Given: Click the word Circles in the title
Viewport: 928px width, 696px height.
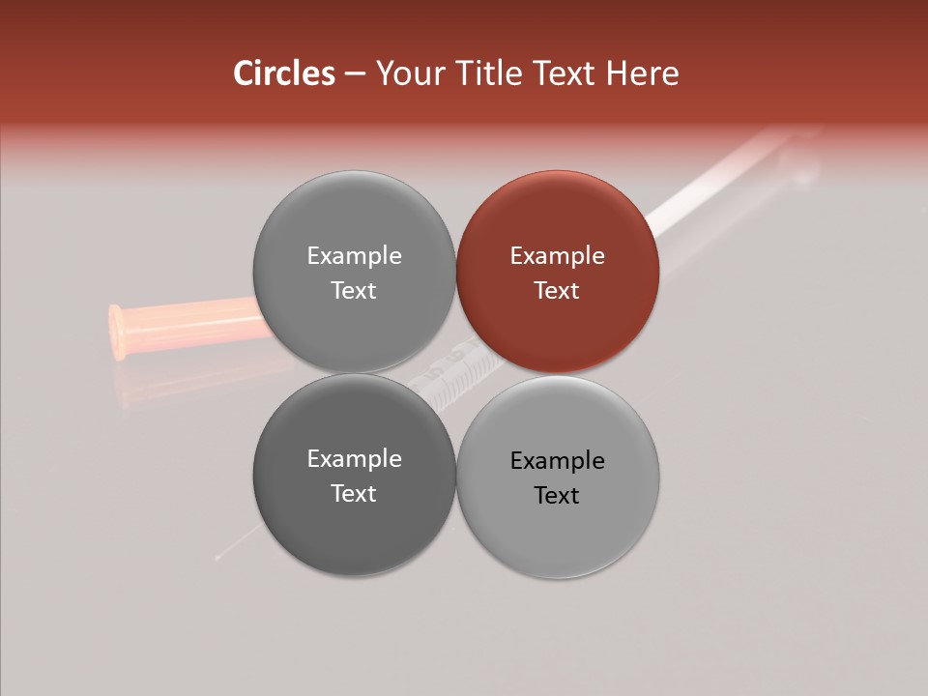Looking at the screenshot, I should point(284,73).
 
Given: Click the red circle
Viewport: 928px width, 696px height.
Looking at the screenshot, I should point(558,272).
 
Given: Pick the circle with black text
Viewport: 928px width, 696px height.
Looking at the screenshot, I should point(558,476).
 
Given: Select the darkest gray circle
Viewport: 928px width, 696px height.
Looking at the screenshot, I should point(354,475).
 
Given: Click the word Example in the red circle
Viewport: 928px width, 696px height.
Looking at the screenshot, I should point(557,256).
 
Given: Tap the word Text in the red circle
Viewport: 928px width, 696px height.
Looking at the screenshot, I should point(557,290).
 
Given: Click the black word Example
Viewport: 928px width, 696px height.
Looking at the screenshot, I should point(557,460).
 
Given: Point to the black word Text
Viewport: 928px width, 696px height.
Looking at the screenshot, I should point(557,495).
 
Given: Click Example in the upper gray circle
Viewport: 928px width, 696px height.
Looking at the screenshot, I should point(354,256).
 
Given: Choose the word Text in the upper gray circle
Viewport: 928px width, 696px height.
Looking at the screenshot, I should point(354,290).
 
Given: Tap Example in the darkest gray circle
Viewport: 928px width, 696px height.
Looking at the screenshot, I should point(354,459).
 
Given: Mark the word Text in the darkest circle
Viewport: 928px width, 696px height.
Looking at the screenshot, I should point(354,493).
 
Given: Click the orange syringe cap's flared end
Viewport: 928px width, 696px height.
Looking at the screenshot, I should point(117,332).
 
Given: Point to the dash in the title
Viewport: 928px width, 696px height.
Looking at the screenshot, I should point(355,74).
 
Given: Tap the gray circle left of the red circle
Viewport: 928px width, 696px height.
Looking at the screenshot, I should point(354,272).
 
